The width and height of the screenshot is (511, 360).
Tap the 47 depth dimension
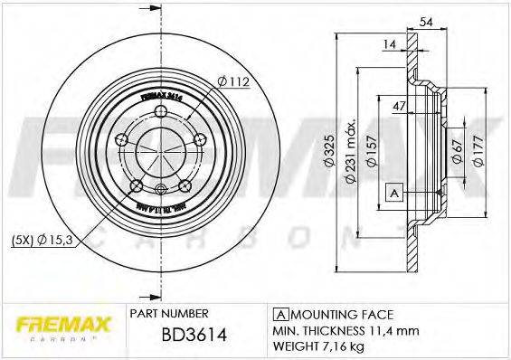click(x=397, y=107)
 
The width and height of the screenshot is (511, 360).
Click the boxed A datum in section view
click(x=393, y=192)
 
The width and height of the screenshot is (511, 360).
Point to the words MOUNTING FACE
click(x=340, y=315)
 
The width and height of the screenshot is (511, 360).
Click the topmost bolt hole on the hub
click(x=161, y=112)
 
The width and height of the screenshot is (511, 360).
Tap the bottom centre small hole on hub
click(x=161, y=189)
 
